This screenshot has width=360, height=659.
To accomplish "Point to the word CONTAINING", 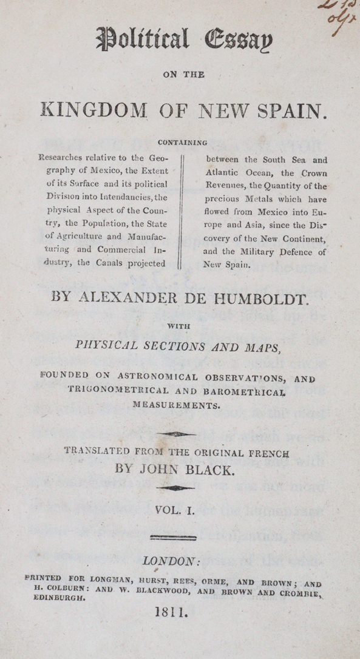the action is coord(182,143).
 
